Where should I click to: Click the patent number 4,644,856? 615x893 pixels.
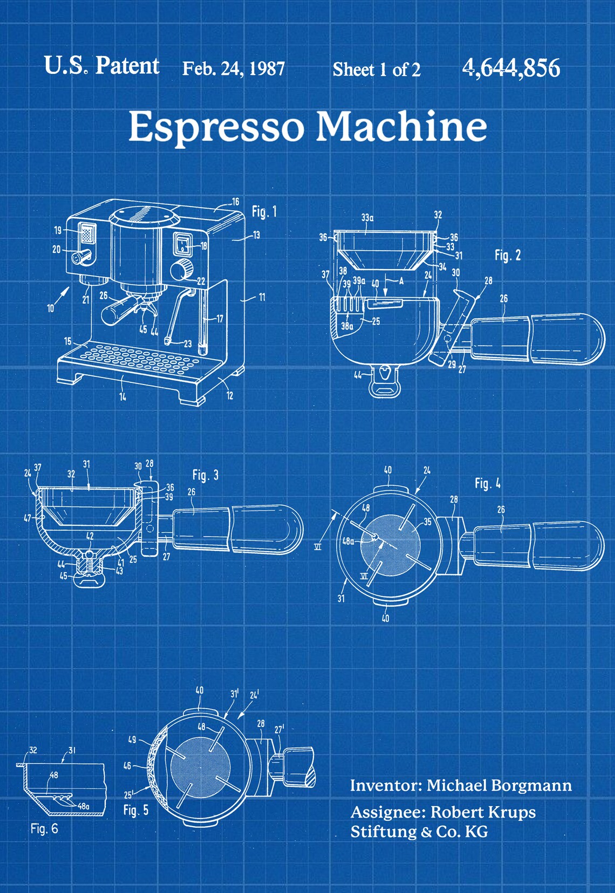(511, 68)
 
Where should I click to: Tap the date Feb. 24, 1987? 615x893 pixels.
(233, 69)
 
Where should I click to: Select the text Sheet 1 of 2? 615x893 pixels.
(376, 70)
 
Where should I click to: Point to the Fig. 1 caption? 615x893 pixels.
(264, 212)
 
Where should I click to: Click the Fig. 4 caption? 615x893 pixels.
(487, 483)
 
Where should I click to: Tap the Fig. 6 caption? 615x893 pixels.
(44, 828)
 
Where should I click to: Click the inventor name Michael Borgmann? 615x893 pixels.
(499, 785)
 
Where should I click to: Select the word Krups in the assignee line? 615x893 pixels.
(510, 812)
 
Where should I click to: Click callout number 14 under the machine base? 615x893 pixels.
(123, 396)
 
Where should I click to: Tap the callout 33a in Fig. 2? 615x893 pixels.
(367, 218)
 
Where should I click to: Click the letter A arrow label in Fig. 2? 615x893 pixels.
(401, 281)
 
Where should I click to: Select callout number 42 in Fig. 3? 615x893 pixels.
(90, 536)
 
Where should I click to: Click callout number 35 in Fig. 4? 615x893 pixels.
(427, 521)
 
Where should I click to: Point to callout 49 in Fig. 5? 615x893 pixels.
(132, 739)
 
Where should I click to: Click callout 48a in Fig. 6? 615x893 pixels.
(84, 806)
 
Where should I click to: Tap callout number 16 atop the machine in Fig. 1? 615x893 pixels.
(235, 202)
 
